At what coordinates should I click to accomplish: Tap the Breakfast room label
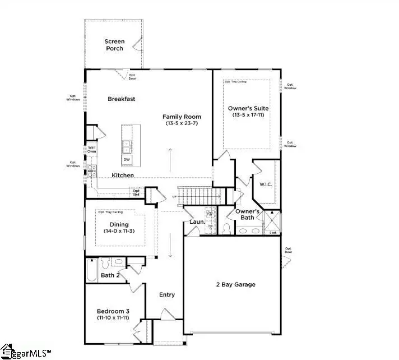pyautogui.click(x=122, y=99)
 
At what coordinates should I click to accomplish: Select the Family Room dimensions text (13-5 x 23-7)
pyautogui.click(x=182, y=123)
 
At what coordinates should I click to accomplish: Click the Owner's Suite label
pyautogui.click(x=247, y=108)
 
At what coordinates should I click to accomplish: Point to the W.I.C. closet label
pyautogui.click(x=265, y=183)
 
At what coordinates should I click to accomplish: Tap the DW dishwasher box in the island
pyautogui.click(x=127, y=160)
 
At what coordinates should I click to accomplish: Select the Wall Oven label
pyautogui.click(x=91, y=150)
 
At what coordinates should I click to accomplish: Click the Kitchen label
pyautogui.click(x=123, y=176)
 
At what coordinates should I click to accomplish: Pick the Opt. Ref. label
pyautogui.click(x=136, y=192)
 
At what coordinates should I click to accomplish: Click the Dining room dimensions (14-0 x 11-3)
pyautogui.click(x=119, y=231)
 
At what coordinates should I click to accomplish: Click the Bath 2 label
pyautogui.click(x=110, y=275)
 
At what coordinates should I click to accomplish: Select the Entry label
pyautogui.click(x=167, y=294)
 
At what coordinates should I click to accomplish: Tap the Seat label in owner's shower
pyautogui.click(x=273, y=232)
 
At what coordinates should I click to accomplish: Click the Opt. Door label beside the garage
pyautogui.click(x=289, y=250)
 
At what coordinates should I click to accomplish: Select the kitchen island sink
pyautogui.click(x=127, y=146)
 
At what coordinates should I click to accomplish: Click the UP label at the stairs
pyautogui.click(x=175, y=197)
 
